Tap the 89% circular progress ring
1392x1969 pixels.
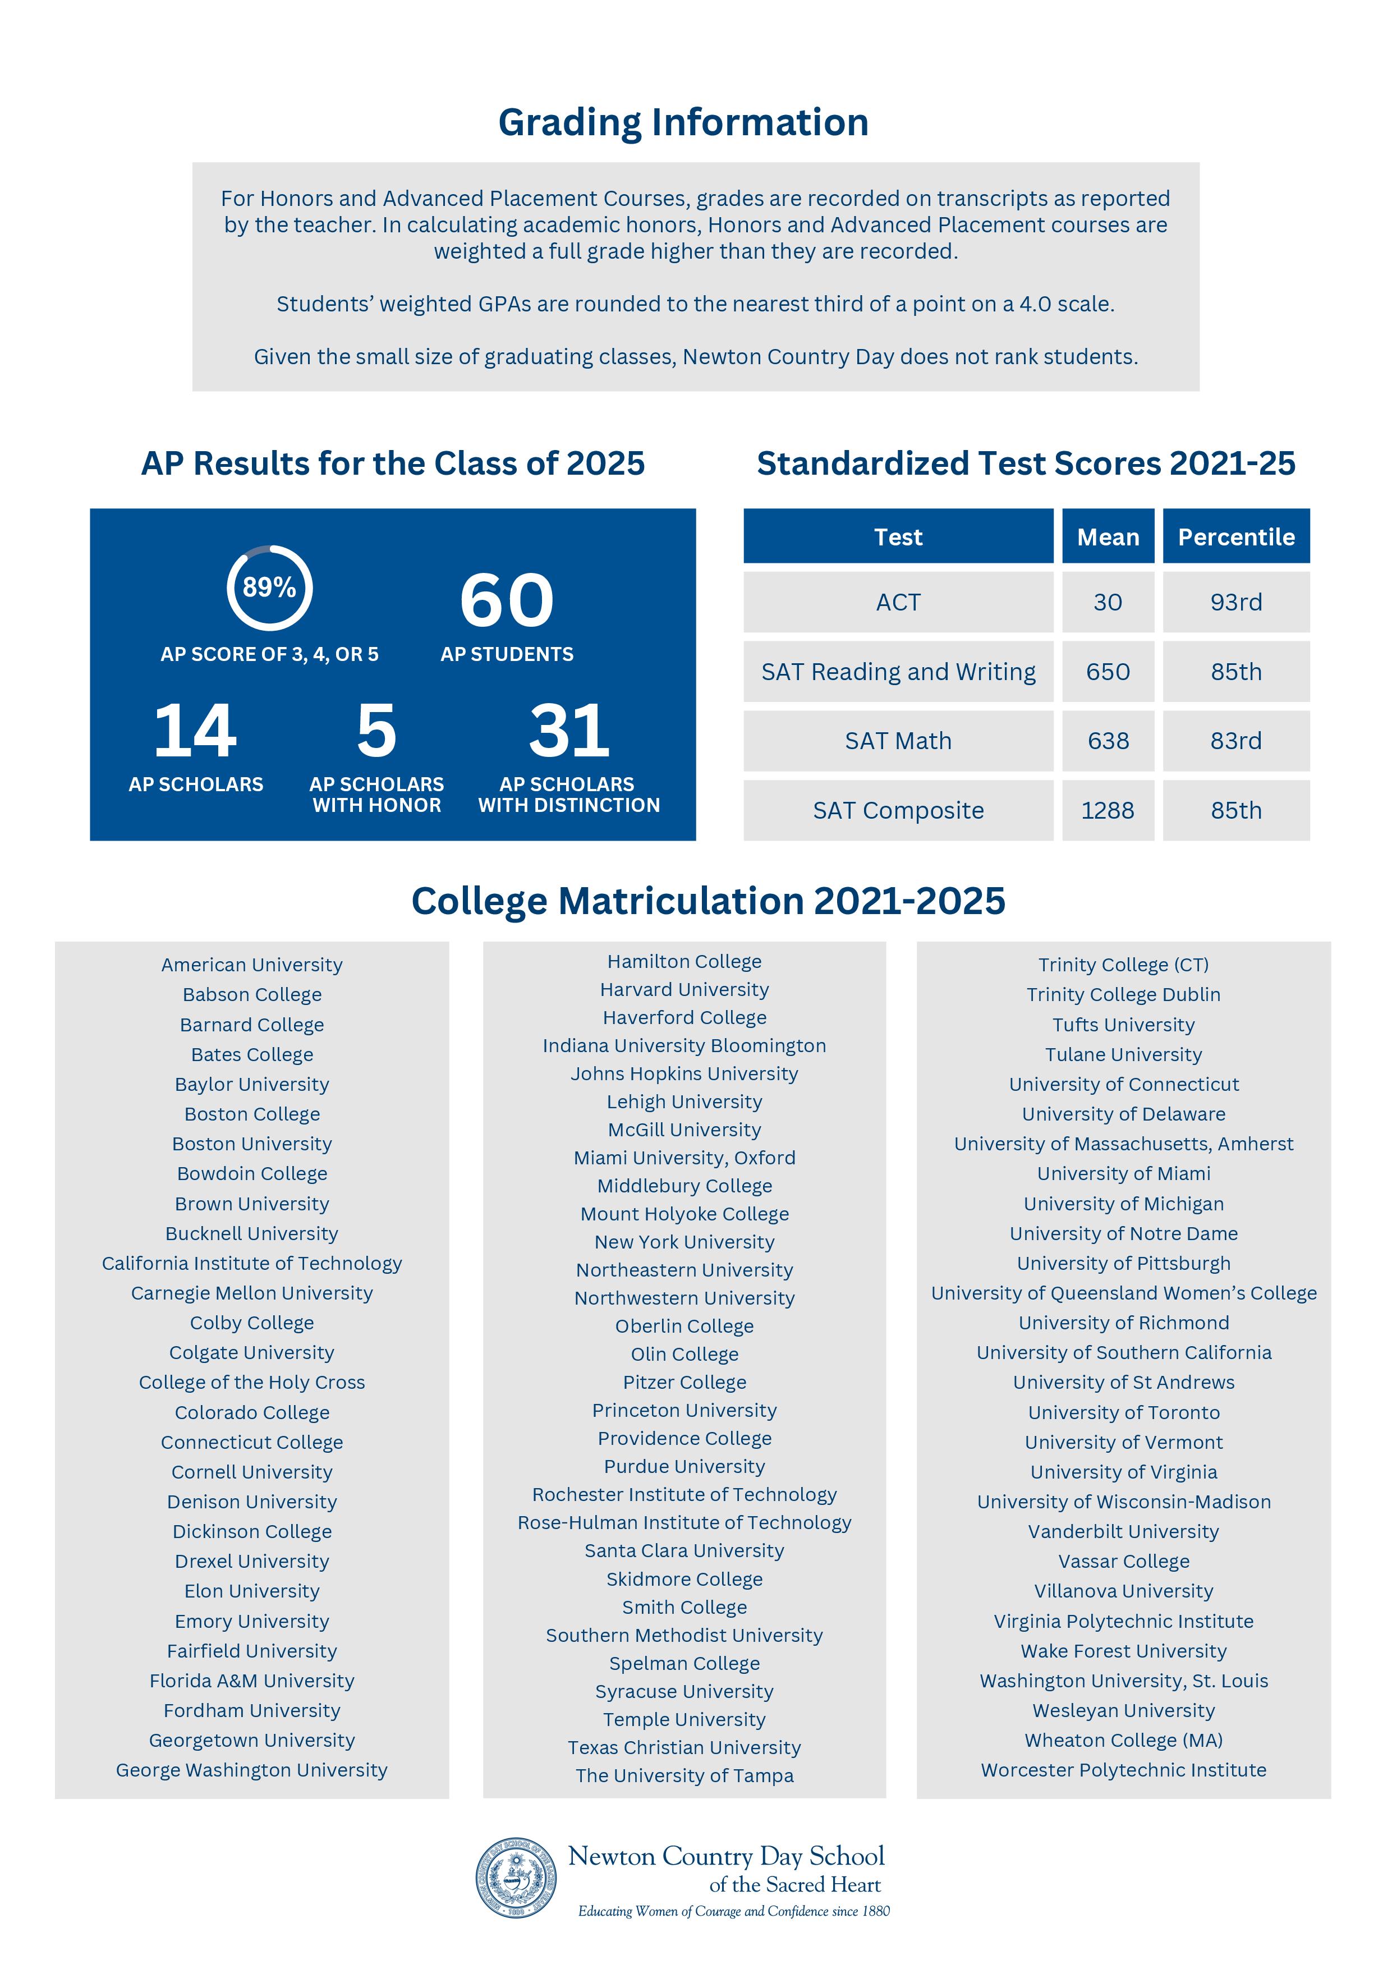pyautogui.click(x=269, y=588)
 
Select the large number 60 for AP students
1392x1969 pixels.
pyautogui.click(x=507, y=600)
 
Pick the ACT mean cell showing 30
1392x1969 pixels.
pyautogui.click(x=1107, y=602)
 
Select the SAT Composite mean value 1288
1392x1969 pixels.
pyautogui.click(x=1107, y=810)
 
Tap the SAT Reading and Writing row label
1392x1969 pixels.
pyautogui.click(x=898, y=672)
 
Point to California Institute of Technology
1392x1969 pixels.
pyautogui.click(x=251, y=1263)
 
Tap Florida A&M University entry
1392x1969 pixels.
pyautogui.click(x=251, y=1681)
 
